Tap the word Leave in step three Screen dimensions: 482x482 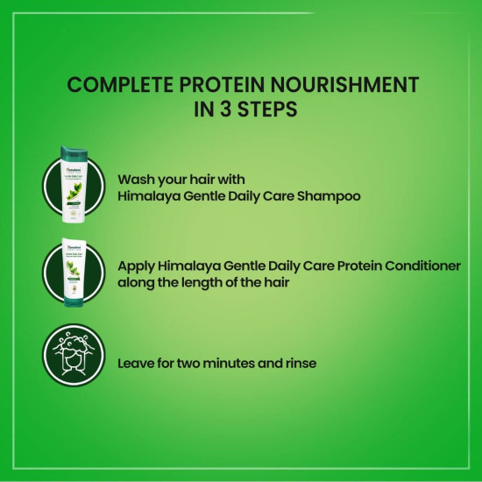coord(137,362)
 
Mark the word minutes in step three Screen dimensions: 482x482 coord(236,362)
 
